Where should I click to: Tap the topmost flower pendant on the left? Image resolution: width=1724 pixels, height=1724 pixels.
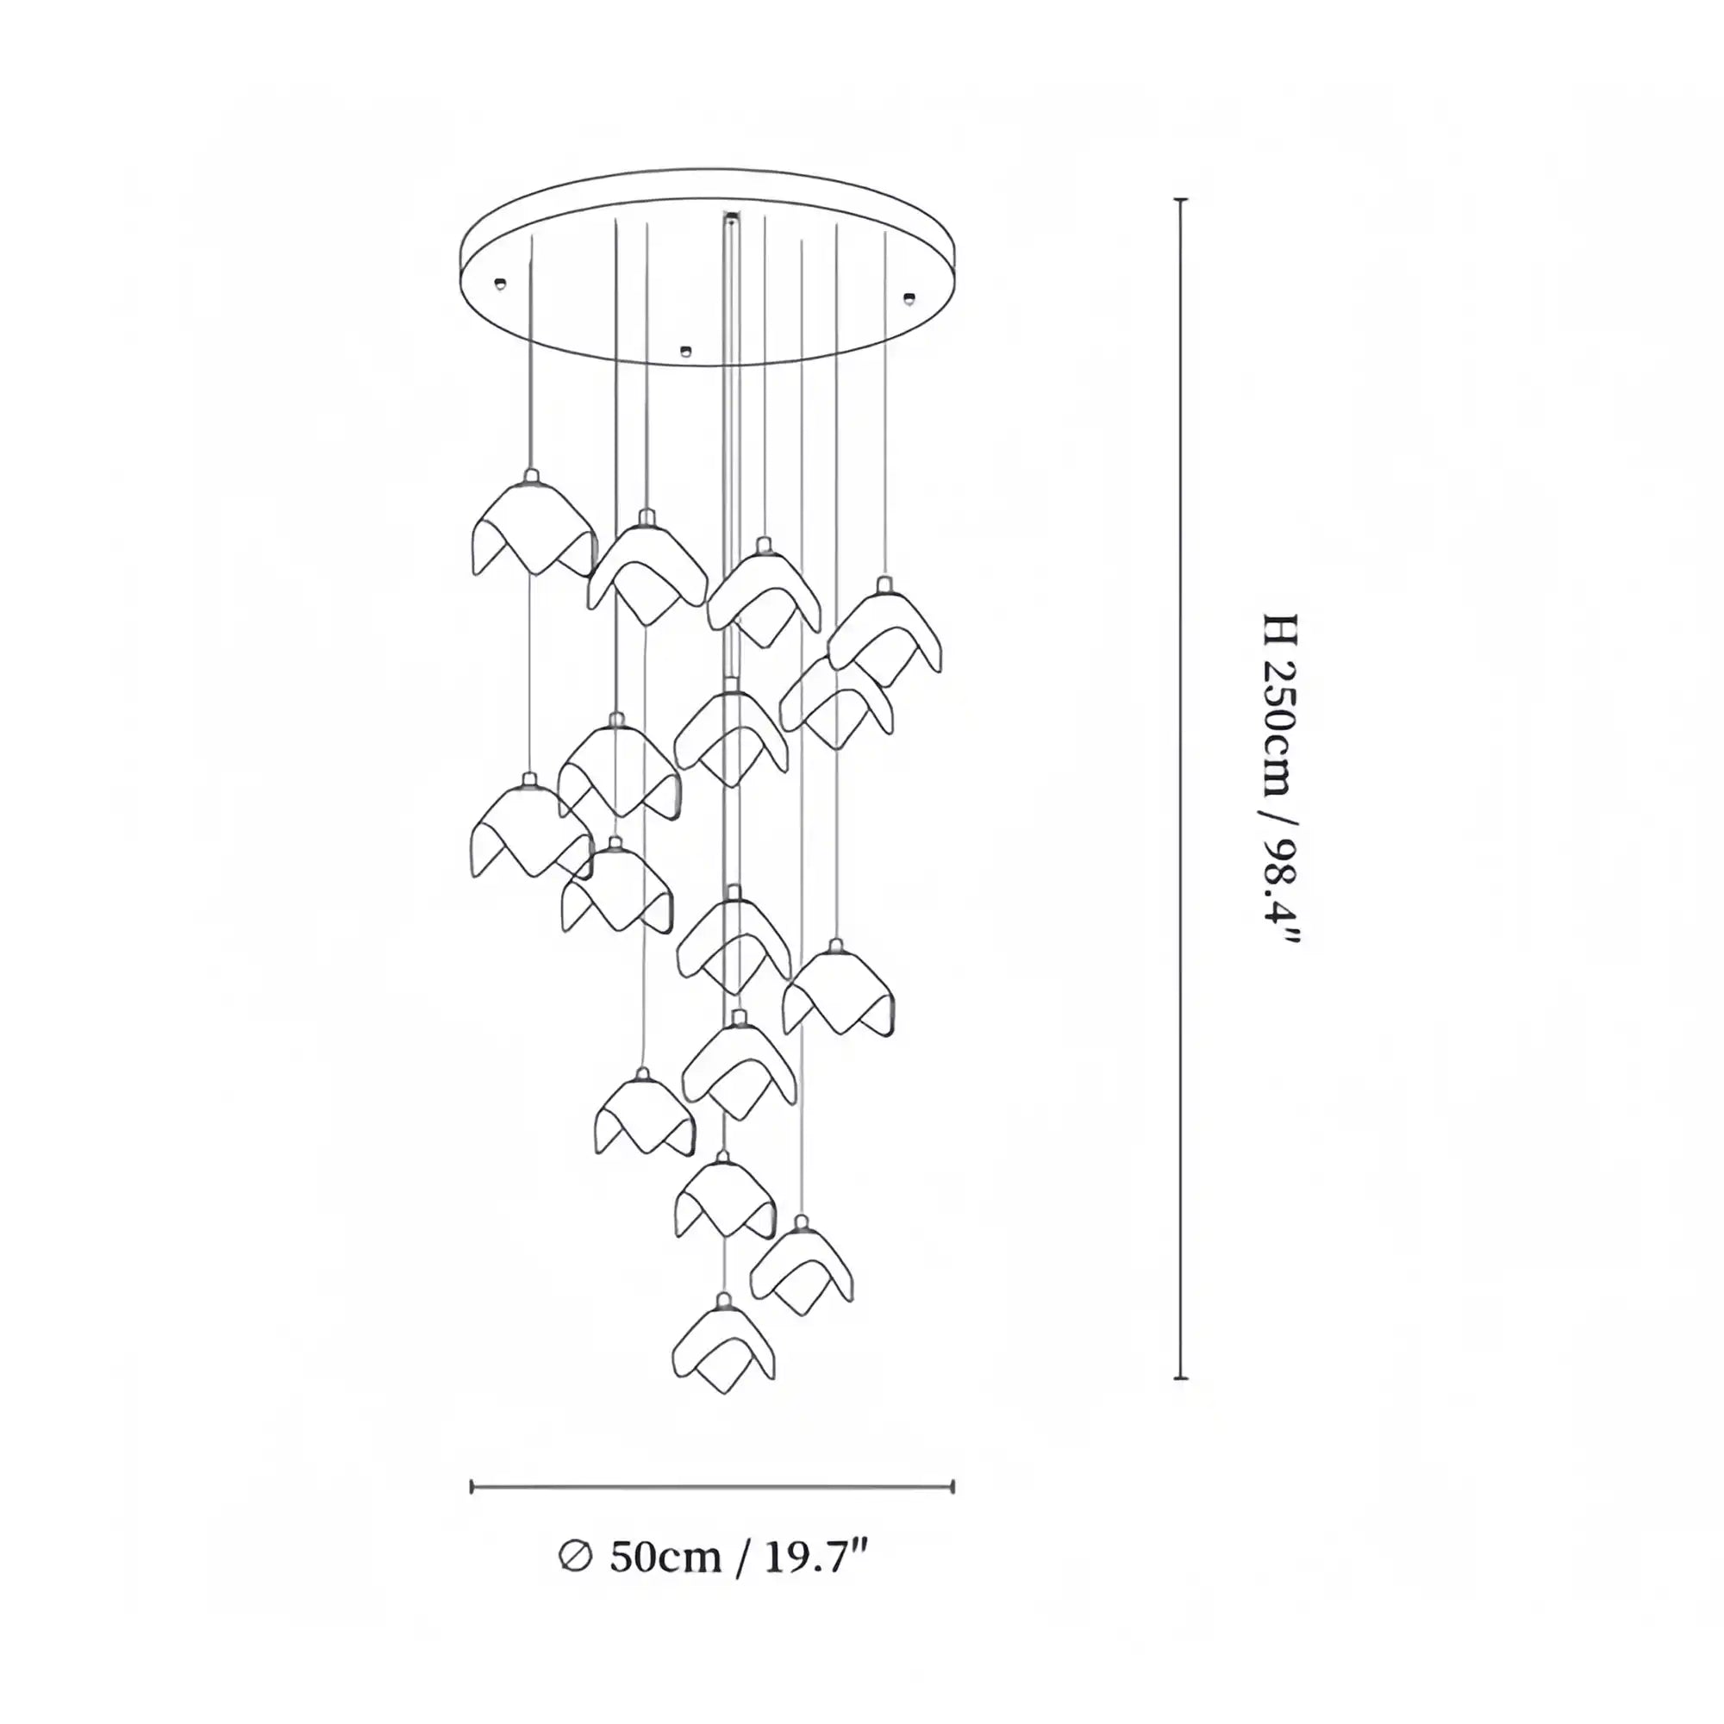click(x=533, y=530)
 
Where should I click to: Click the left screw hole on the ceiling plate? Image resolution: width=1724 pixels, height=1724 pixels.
click(x=501, y=284)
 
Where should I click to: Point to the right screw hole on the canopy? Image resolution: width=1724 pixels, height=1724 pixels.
click(x=909, y=297)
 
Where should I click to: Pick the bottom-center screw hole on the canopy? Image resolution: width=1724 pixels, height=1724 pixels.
click(x=685, y=351)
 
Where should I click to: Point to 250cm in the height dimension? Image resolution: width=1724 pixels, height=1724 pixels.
click(x=1281, y=728)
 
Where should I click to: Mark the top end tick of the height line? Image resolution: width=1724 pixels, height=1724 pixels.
click(x=1181, y=200)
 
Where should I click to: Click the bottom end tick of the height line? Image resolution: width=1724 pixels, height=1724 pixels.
click(x=1181, y=1377)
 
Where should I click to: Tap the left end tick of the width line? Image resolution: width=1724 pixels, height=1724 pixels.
click(x=472, y=1487)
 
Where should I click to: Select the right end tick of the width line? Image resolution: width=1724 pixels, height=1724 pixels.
click(x=953, y=1487)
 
